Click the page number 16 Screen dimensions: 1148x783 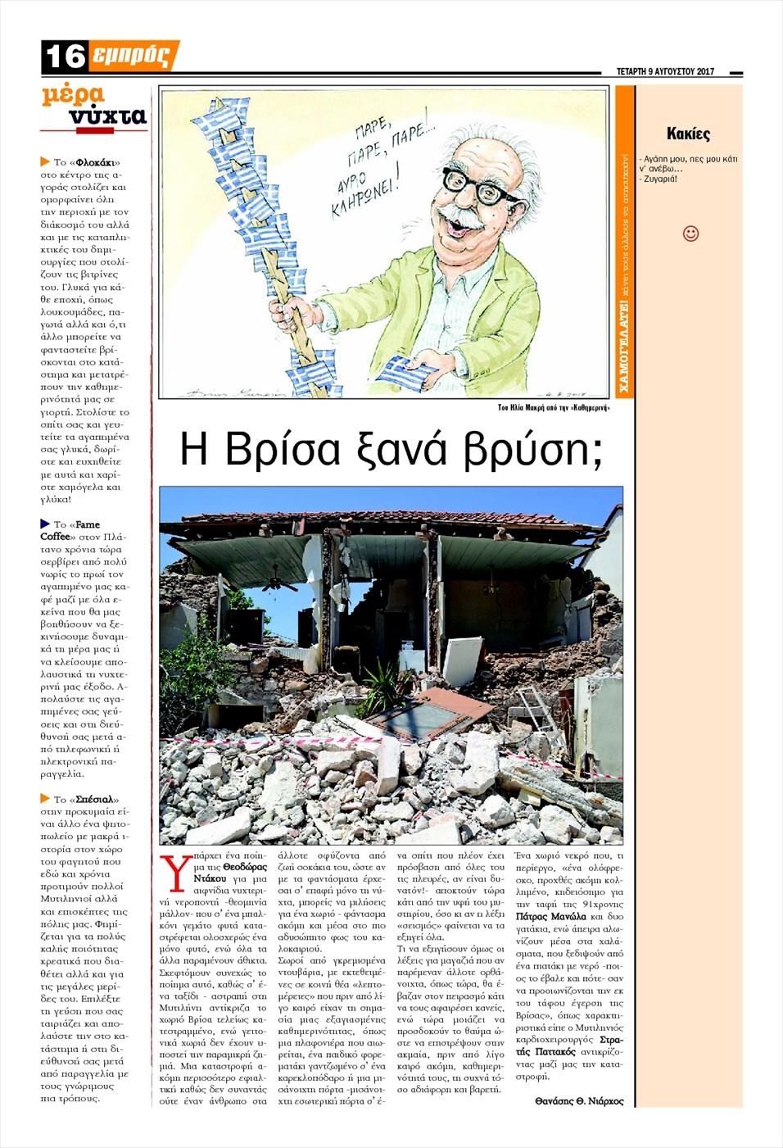point(64,56)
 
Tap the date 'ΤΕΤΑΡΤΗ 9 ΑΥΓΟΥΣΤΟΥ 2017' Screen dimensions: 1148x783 point(664,72)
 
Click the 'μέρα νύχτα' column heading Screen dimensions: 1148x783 point(94,107)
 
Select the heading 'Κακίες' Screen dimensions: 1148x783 point(688,134)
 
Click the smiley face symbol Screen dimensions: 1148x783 point(690,234)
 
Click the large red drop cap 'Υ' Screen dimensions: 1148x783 point(174,872)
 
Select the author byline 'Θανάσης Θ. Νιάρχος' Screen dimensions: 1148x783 point(579,1101)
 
